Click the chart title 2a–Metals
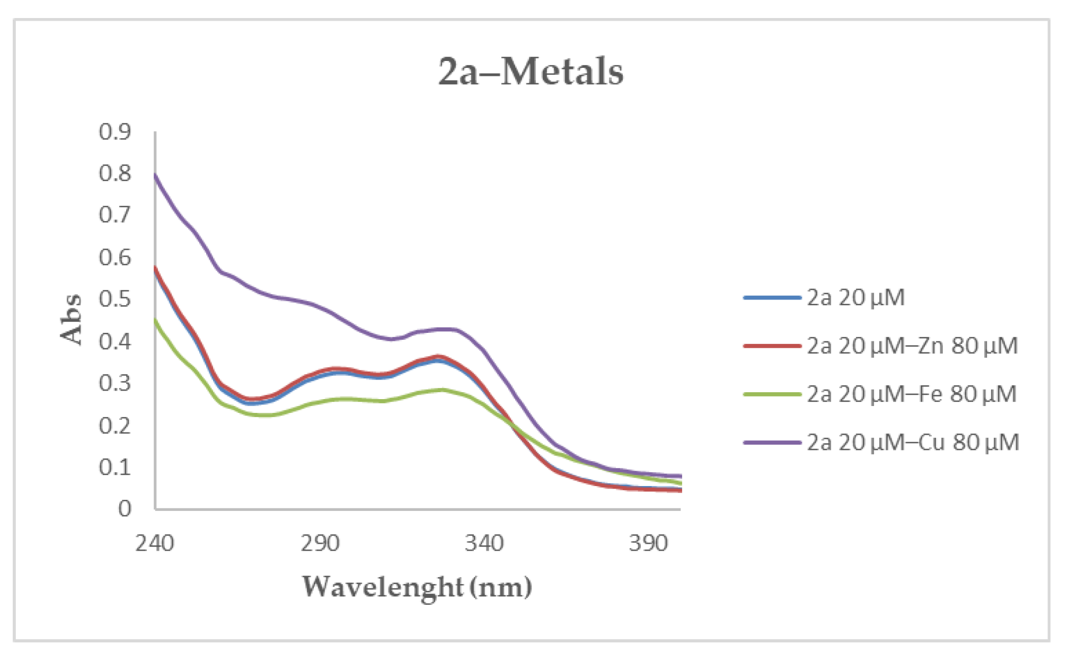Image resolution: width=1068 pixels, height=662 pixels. tap(531, 72)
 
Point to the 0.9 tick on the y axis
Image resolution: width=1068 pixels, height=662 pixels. tap(115, 131)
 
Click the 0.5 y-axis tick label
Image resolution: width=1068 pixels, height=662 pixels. tap(115, 299)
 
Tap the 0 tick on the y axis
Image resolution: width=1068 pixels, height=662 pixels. tap(125, 509)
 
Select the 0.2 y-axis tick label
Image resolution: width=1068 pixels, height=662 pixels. tap(115, 425)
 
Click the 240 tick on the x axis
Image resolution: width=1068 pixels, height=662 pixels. tap(155, 543)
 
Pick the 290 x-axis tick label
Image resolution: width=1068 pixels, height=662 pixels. tap(320, 543)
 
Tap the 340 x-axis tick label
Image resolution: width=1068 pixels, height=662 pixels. tap(484, 543)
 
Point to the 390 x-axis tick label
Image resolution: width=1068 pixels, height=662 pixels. tap(648, 543)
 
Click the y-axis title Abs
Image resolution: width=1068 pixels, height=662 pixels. tap(70, 319)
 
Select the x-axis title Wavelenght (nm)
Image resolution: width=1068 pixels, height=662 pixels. tap(417, 587)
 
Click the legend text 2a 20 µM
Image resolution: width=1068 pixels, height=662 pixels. tap(855, 298)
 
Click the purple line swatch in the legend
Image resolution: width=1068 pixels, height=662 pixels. tap(772, 443)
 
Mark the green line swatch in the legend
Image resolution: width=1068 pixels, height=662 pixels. tap(772, 394)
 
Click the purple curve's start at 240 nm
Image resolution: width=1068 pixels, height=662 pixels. tap(155, 174)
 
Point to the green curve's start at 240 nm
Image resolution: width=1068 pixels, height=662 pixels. tap(155, 320)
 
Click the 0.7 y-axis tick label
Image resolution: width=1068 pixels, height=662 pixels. tap(115, 215)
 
